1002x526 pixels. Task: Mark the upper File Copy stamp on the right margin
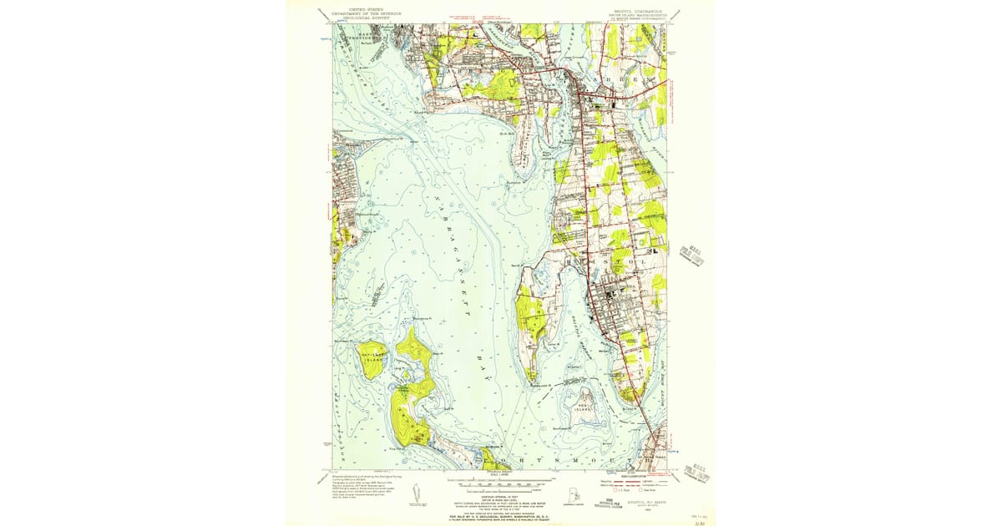coord(692,253)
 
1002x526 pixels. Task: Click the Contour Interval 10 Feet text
coord(499,493)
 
